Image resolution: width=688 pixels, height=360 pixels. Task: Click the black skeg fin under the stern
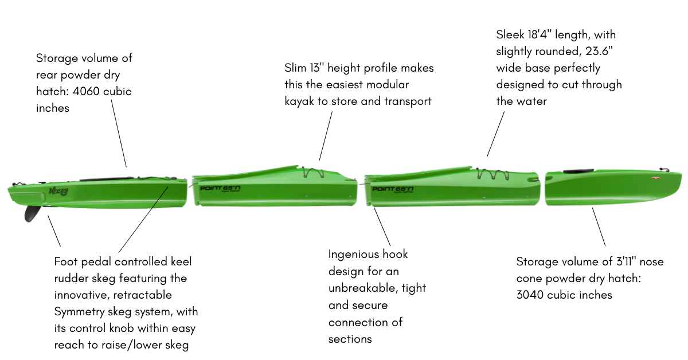tap(32, 213)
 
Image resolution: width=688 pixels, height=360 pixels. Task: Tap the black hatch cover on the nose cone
tap(572, 171)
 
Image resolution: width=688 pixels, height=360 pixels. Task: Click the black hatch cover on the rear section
tap(103, 179)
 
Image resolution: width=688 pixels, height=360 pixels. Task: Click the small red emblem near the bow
tap(654, 178)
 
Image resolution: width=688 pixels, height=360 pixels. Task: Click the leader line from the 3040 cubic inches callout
tap(599, 227)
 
